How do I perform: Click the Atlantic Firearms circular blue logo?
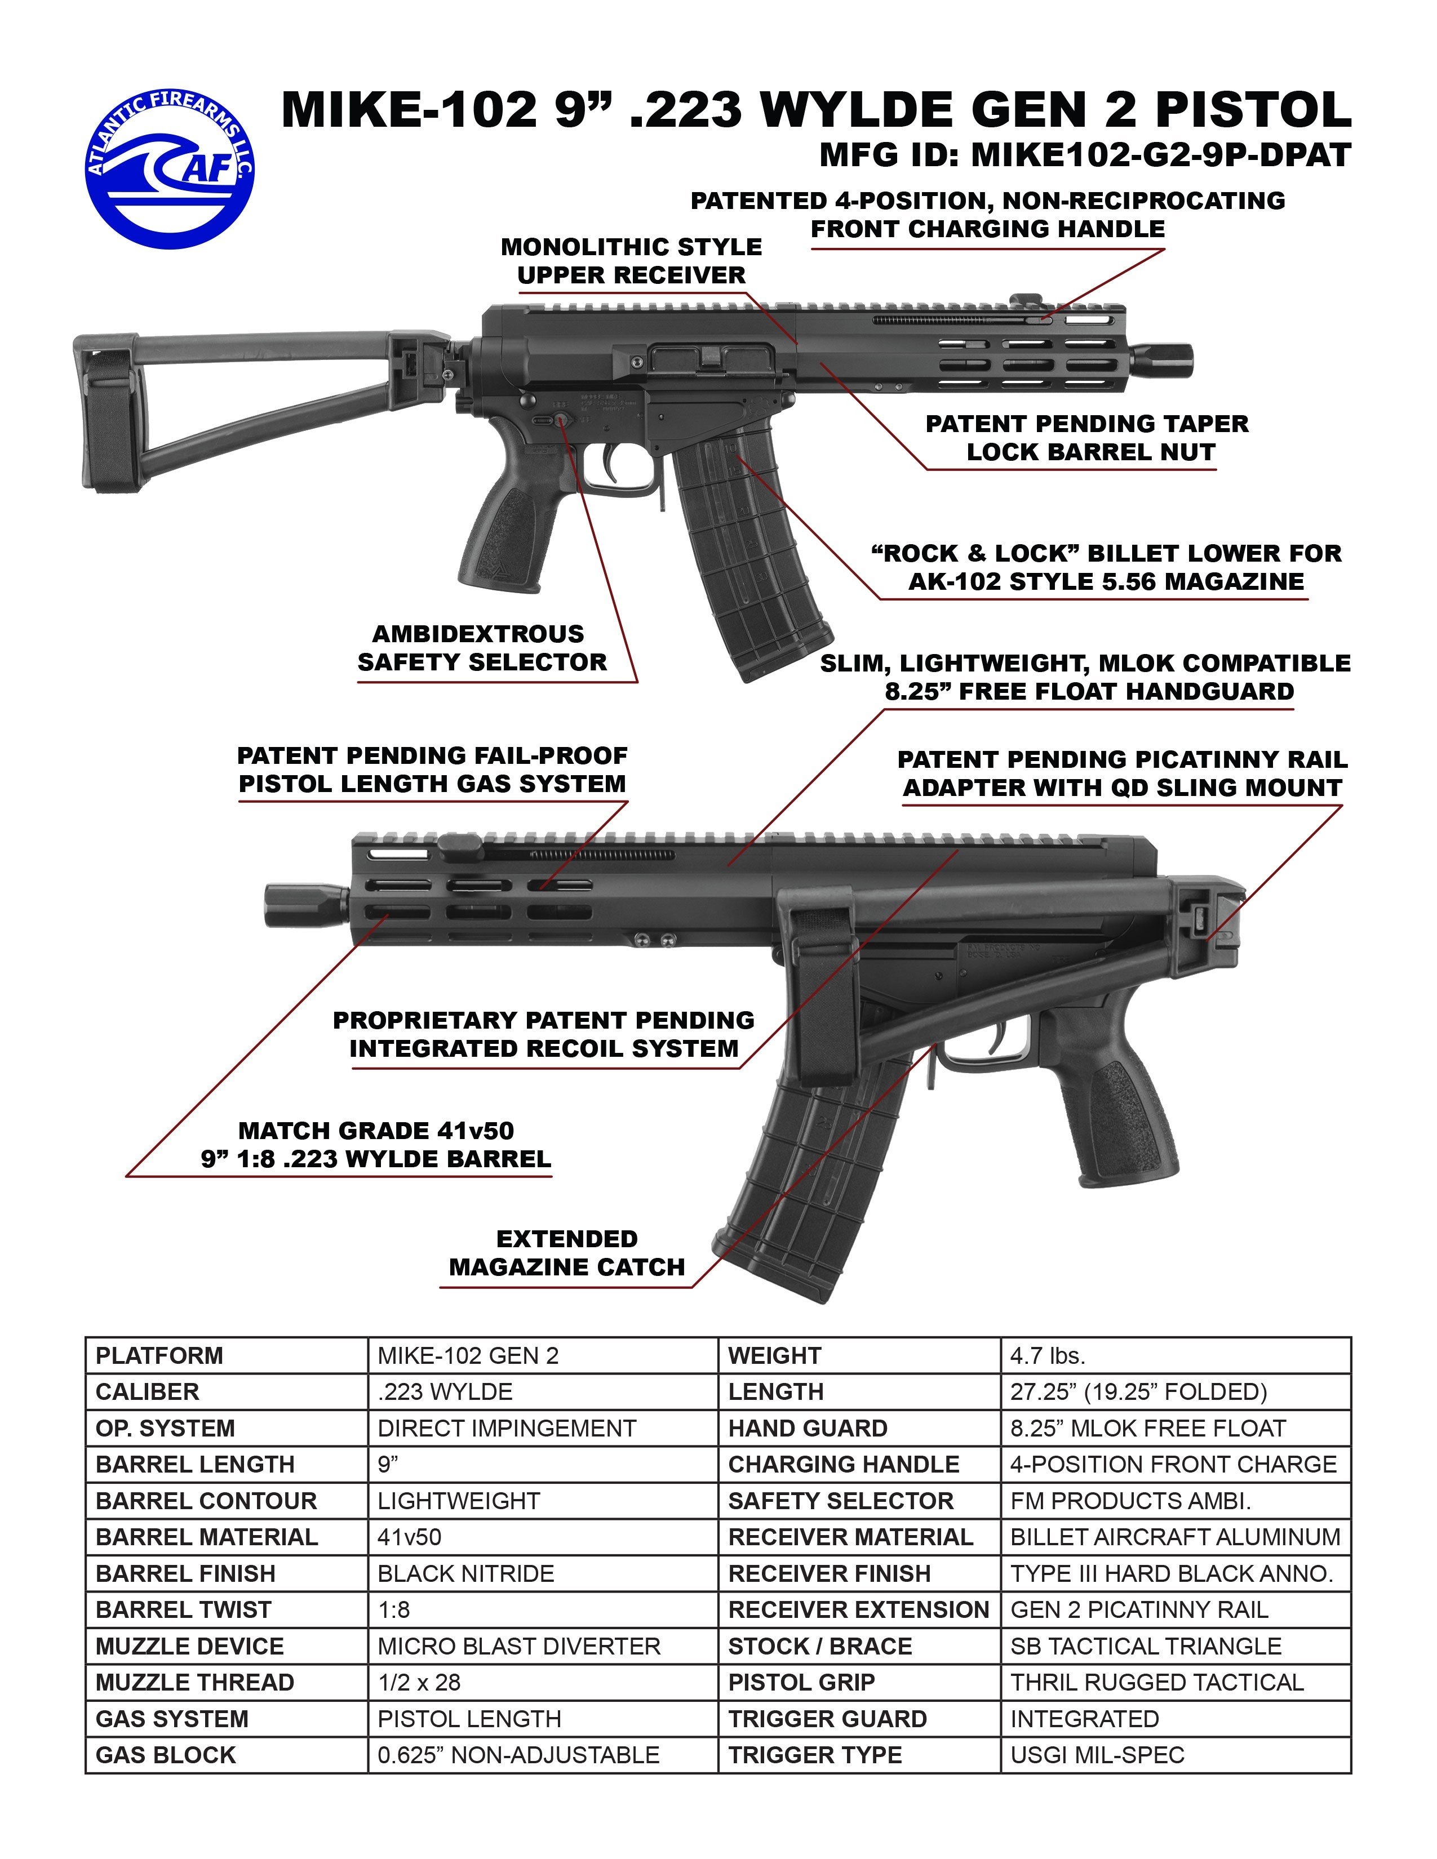click(170, 168)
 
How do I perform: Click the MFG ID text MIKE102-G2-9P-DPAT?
click(1085, 155)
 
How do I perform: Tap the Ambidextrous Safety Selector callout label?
click(482, 648)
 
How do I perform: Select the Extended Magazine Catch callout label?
click(566, 1253)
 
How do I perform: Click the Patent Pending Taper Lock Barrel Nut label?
click(1087, 438)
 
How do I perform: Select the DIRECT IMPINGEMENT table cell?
click(507, 1428)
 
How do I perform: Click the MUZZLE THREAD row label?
click(195, 1683)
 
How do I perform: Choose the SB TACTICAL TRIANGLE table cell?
click(1146, 1646)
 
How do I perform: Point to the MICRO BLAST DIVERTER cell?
click(518, 1646)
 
